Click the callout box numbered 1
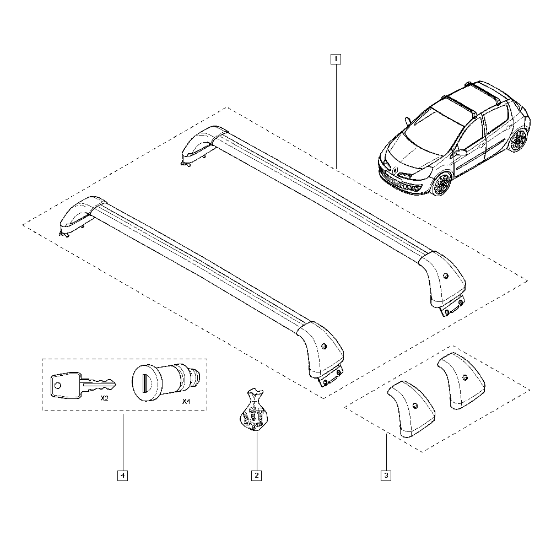point(336,58)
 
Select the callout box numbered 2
point(256,475)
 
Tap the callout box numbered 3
point(386,475)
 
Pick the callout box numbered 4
point(122,475)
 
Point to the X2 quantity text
point(104,398)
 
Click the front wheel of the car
point(441,185)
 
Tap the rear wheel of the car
point(518,141)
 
